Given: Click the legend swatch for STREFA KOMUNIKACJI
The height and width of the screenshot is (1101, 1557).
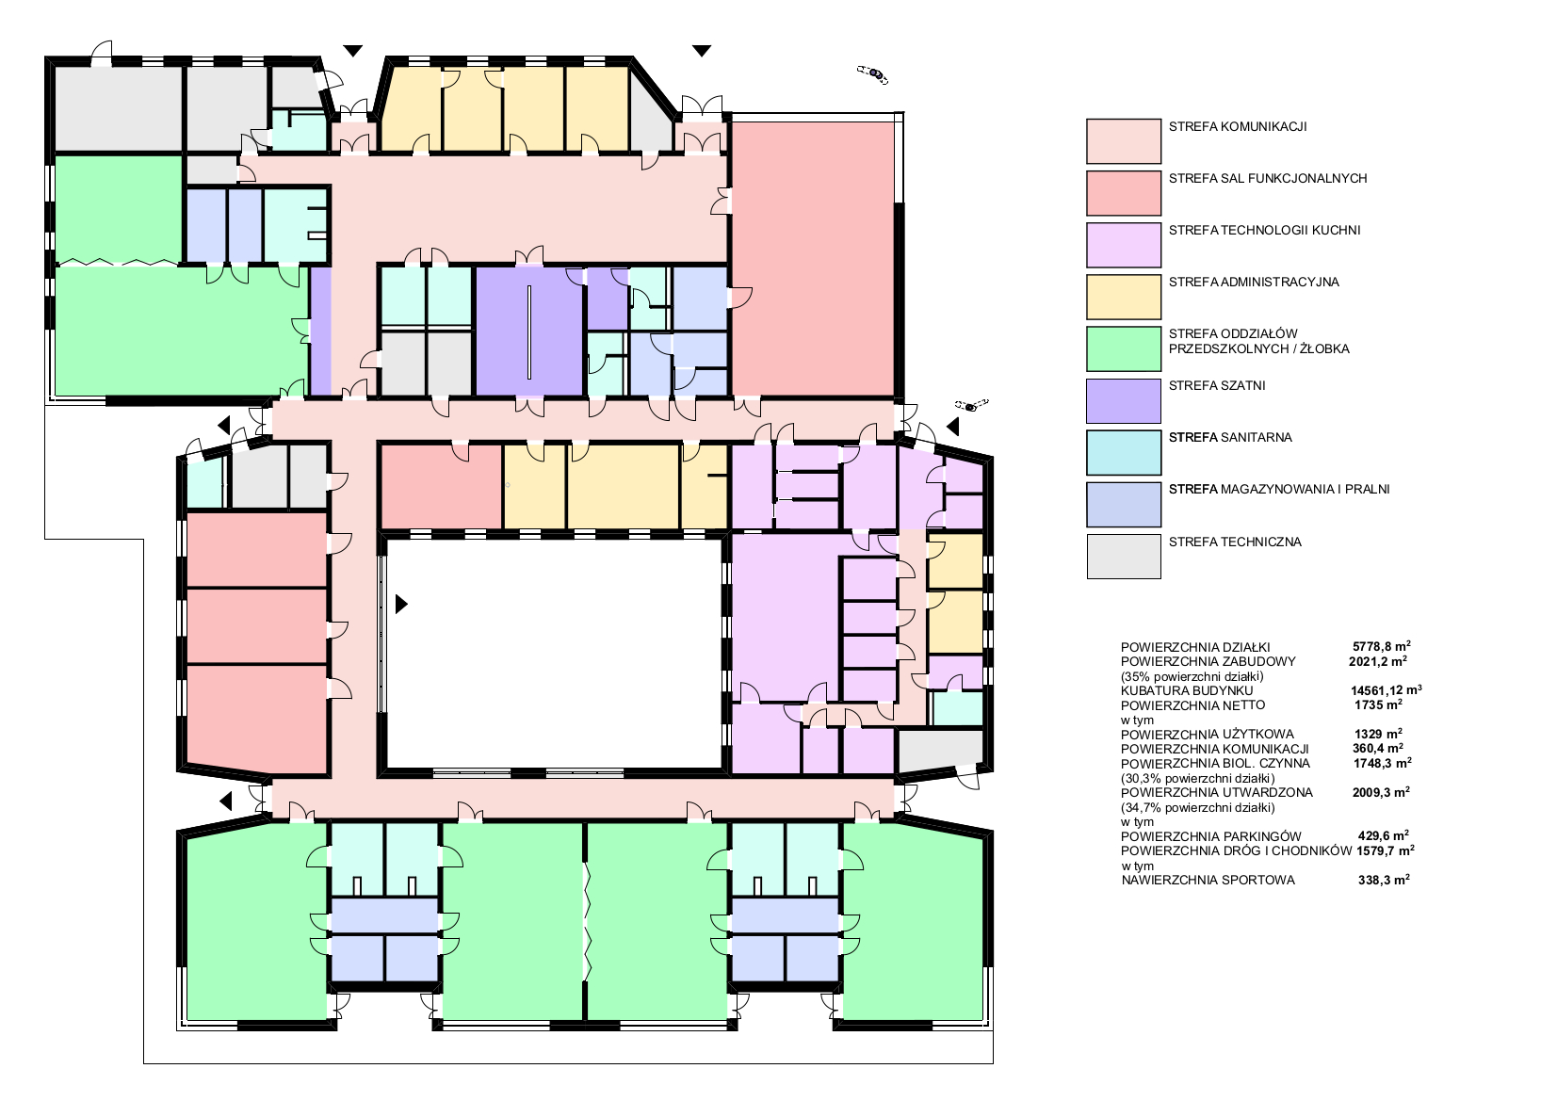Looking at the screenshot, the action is click(x=1124, y=141).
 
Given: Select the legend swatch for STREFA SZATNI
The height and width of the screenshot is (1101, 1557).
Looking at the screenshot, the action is click(x=1124, y=400).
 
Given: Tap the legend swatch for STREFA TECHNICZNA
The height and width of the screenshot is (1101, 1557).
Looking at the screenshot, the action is click(x=1124, y=556).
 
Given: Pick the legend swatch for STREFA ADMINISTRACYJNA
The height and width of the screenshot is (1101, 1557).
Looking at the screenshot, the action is click(x=1124, y=297).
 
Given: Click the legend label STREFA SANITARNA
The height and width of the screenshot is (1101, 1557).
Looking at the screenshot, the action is click(x=1230, y=437).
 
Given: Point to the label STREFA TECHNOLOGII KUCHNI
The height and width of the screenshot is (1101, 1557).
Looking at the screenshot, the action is click(x=1264, y=230).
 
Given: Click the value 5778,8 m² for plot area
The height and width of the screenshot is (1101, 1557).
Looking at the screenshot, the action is click(x=1381, y=646).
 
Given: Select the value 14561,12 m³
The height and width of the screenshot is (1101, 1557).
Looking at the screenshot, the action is click(x=1386, y=690).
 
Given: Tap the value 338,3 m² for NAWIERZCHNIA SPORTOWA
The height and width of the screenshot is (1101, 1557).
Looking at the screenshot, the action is click(x=1384, y=880).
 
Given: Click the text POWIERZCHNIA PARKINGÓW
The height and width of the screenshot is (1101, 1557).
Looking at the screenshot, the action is click(x=1211, y=836).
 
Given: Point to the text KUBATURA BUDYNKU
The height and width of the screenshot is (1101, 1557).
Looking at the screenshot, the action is click(x=1187, y=691).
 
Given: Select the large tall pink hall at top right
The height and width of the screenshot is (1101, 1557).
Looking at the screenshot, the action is click(x=813, y=259).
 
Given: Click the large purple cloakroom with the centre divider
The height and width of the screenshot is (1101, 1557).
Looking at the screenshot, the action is click(x=529, y=331).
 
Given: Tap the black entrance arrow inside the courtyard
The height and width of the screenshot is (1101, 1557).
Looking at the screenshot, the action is click(x=401, y=604).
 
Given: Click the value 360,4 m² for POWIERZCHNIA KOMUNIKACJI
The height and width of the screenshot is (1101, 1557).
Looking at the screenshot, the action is click(x=1378, y=749).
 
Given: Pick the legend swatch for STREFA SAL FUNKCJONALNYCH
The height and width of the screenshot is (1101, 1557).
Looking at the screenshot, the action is click(x=1124, y=193).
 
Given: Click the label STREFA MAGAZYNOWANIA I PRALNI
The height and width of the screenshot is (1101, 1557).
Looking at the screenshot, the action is click(x=1279, y=490).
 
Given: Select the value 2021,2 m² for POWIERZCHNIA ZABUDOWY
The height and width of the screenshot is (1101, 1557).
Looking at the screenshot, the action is click(x=1378, y=661).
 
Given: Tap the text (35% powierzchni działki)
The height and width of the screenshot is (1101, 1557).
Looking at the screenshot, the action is click(x=1192, y=676).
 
